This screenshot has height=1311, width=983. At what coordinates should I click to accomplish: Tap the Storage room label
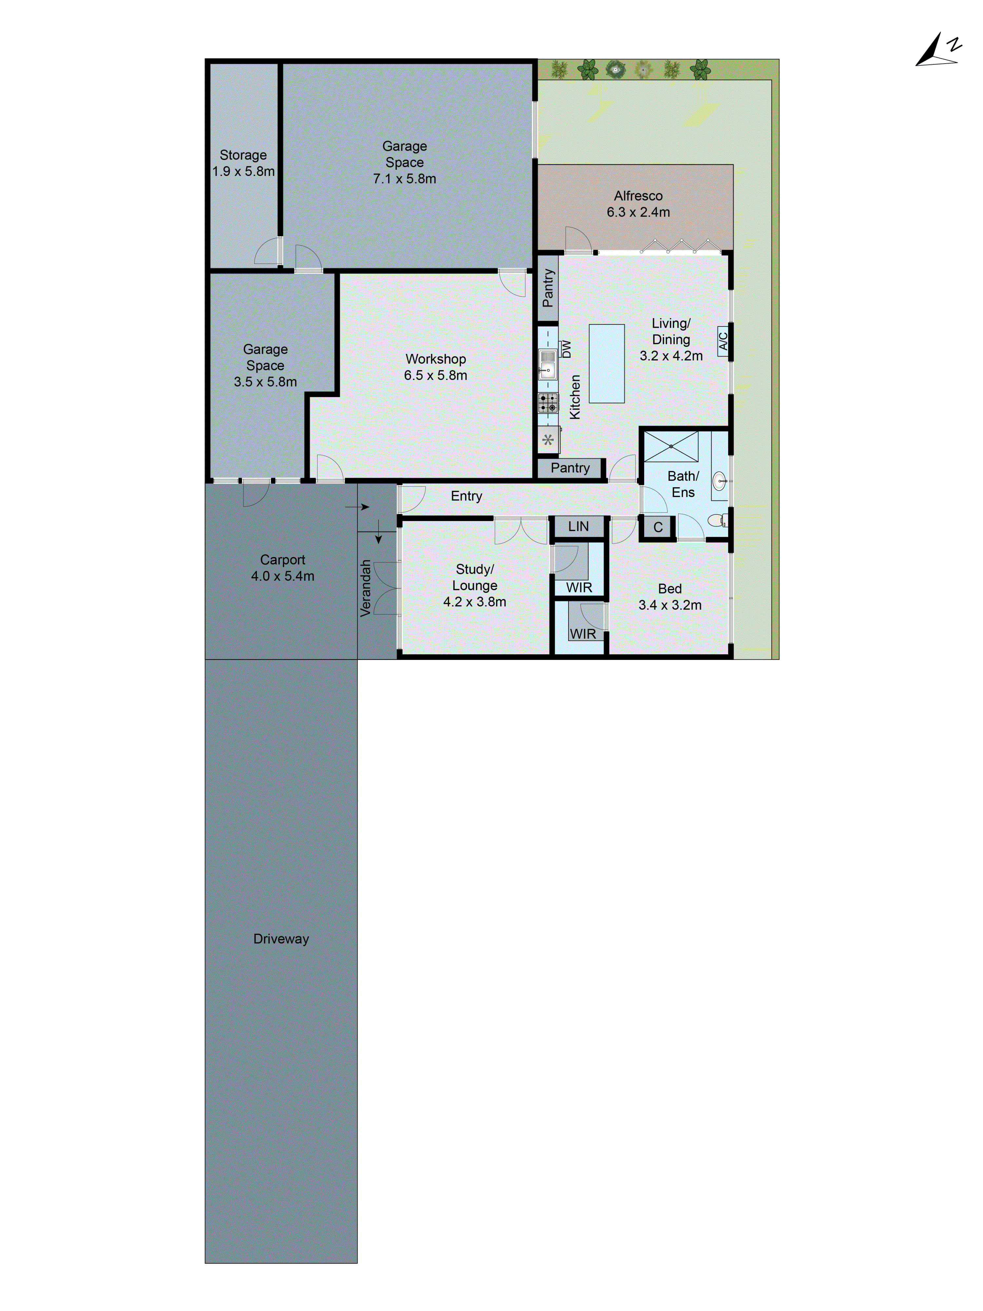coord(243,155)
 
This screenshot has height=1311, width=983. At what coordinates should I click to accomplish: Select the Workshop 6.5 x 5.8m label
coord(435,367)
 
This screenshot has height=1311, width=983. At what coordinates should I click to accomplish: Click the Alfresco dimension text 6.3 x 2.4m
coord(638,212)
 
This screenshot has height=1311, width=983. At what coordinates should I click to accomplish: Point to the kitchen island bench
coord(606,363)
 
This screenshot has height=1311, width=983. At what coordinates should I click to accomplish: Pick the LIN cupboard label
coord(578,526)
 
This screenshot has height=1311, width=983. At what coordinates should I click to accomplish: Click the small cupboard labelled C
coord(658,527)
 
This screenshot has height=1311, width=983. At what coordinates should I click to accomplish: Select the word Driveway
coord(281,939)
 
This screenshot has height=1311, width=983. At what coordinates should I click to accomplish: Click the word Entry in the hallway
coord(466,496)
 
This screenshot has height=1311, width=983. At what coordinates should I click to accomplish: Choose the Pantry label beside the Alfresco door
coord(548,288)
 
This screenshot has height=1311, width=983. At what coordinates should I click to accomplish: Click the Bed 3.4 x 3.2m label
coord(669,597)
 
